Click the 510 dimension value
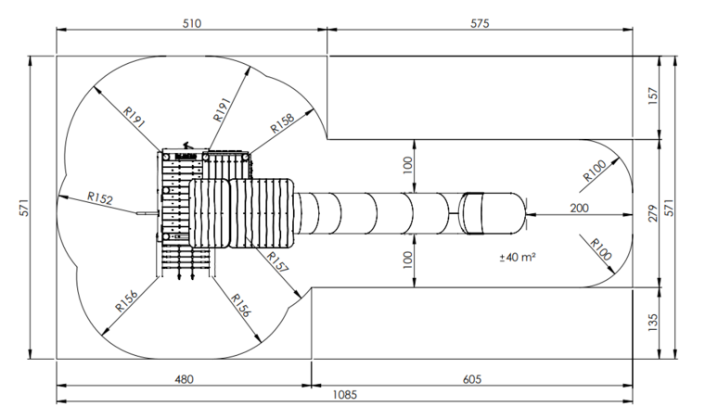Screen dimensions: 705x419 [192, 23]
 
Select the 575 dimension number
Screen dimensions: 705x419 [480, 23]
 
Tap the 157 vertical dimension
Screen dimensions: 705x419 [653, 96]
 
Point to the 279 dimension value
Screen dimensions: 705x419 [653, 213]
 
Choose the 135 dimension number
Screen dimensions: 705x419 [653, 323]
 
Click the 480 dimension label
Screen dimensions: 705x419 [184, 379]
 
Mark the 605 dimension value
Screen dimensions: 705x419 [471, 379]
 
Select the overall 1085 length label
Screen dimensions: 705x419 [345, 394]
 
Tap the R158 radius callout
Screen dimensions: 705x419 [282, 123]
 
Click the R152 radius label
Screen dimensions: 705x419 [100, 198]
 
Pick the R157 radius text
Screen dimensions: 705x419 [277, 262]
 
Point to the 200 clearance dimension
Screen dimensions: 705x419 [579, 208]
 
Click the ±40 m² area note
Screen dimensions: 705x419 [517, 257]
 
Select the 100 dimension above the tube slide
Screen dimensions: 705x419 [408, 165]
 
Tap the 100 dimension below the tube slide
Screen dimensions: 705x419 [408, 260]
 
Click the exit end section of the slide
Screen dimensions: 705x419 [493, 213]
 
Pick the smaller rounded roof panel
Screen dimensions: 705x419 [209, 213]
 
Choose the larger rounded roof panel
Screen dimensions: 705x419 [262, 213]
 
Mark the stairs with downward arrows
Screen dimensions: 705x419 [186, 261]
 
